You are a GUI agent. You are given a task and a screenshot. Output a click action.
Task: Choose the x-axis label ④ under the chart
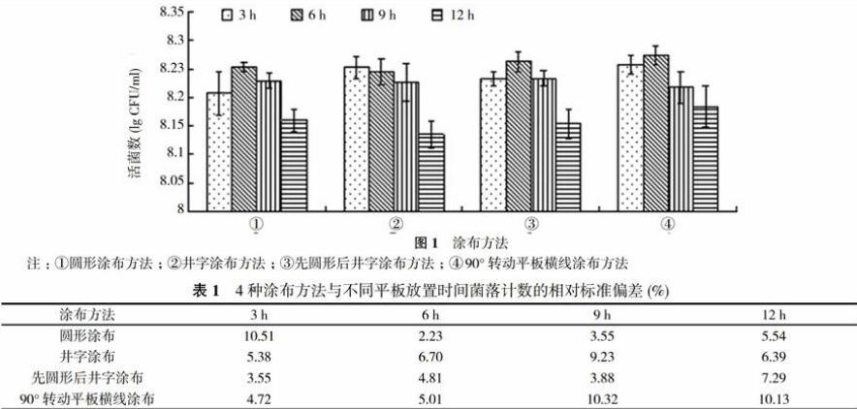point(667,224)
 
